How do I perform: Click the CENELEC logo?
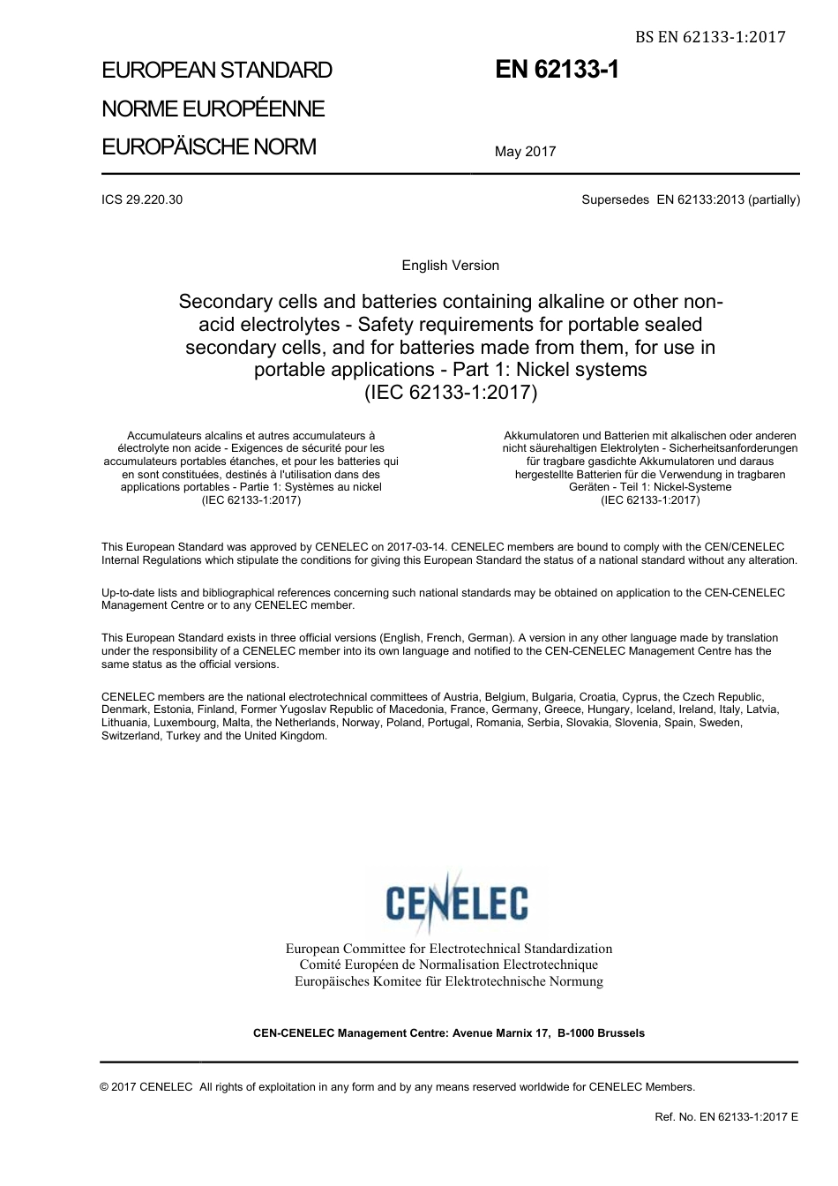[x=457, y=901]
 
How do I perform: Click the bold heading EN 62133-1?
[x=557, y=71]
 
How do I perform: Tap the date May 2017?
[x=525, y=152]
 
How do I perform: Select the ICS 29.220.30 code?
[x=142, y=199]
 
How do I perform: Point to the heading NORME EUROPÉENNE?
[x=213, y=109]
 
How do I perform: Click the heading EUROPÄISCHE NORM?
[x=208, y=146]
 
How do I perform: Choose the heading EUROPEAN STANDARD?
[x=216, y=71]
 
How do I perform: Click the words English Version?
[x=450, y=266]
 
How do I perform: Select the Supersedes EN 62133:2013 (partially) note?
[x=691, y=199]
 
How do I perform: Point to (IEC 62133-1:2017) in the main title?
[x=450, y=392]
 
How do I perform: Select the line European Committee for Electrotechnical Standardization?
[x=448, y=949]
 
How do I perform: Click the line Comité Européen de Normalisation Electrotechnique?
[x=448, y=965]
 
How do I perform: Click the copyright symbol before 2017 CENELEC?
[x=105, y=1087]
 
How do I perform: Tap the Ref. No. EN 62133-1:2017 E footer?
[x=726, y=1117]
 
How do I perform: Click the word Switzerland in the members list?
[x=131, y=736]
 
